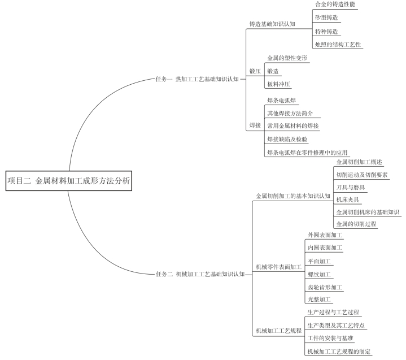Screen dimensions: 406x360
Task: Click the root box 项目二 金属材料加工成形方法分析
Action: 69,181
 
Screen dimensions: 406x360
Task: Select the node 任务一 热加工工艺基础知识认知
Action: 197,79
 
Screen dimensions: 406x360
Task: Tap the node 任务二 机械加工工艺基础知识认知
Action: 200,274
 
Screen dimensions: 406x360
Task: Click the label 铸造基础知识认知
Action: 272,24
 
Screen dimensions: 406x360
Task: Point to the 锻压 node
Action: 255,71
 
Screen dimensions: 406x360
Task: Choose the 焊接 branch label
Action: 255,125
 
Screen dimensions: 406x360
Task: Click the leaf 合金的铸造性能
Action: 335,4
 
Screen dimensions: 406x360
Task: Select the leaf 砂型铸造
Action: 326,18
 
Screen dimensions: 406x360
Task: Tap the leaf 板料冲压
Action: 278,84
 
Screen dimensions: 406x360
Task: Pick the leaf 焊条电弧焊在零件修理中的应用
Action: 307,153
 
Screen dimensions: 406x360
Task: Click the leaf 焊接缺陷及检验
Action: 287,139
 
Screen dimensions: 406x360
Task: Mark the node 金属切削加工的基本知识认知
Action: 293,196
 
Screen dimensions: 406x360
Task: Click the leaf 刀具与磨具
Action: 351,188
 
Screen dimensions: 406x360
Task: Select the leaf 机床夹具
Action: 348,199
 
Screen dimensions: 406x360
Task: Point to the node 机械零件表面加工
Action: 279,267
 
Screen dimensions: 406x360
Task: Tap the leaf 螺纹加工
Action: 319,274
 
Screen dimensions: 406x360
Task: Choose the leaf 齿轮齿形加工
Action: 325,287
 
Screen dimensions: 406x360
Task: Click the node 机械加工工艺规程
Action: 279,331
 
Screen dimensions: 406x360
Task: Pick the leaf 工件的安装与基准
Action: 330,338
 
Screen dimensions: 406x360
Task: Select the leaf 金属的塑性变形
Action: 287,58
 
